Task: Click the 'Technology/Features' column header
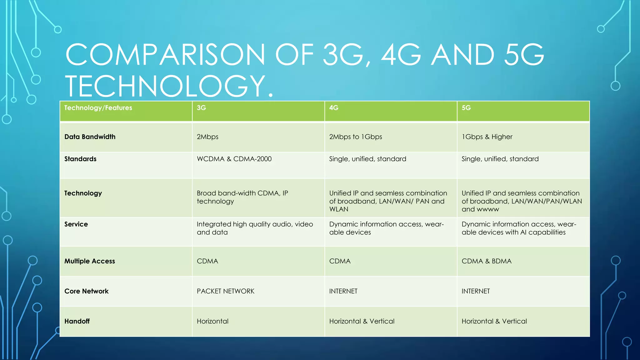(98, 108)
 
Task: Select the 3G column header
(201, 108)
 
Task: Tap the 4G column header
(334, 108)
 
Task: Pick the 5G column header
(466, 108)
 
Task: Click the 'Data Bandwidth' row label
(90, 137)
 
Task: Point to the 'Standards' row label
(80, 159)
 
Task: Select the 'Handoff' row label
(77, 321)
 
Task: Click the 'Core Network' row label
(86, 291)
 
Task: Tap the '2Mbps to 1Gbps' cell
(356, 137)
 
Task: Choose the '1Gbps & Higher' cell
(487, 137)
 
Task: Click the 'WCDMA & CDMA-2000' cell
(234, 159)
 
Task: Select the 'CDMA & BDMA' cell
(487, 261)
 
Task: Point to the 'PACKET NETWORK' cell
(225, 291)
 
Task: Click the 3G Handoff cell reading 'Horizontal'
(212, 321)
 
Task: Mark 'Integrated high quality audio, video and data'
(255, 228)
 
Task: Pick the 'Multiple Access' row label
(90, 261)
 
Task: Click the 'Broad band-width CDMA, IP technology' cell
(242, 197)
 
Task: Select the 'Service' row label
(76, 224)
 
